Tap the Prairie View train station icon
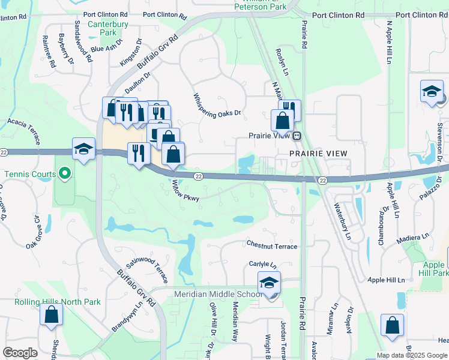(x=297, y=136)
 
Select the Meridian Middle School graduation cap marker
(x=269, y=283)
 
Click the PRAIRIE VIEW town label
(x=318, y=154)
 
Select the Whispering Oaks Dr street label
(x=217, y=105)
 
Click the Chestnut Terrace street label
(x=271, y=245)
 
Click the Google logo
(x=20, y=353)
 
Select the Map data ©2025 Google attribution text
(x=412, y=355)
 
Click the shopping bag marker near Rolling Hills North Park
(x=51, y=314)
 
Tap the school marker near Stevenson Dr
(x=431, y=92)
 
